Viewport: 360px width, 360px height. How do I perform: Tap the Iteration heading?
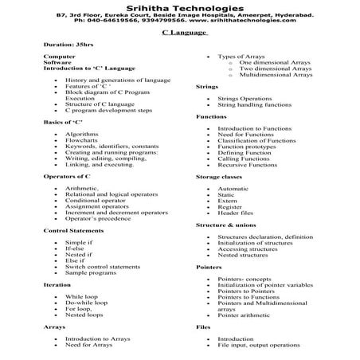[x=57, y=284]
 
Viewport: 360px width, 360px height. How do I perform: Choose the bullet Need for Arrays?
[x=88, y=345]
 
